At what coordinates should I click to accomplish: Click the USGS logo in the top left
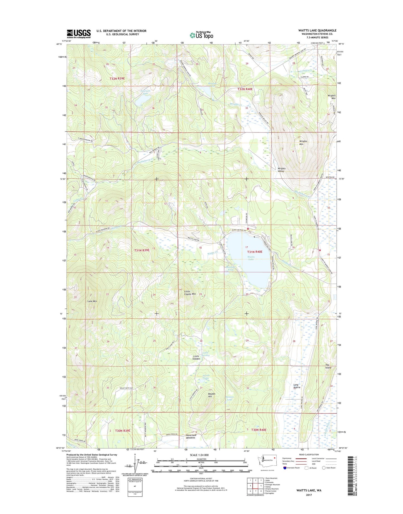pos(79,33)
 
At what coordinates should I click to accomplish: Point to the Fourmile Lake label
pos(146,92)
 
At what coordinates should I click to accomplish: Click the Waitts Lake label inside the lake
pos(251,258)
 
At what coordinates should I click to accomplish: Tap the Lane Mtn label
pos(92,301)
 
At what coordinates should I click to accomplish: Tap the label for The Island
pos(328,366)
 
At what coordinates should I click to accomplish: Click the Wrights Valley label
pos(281,170)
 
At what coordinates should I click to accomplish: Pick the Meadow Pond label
pos(230,268)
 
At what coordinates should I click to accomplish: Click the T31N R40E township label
pos(254,252)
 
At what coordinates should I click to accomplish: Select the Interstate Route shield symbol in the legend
pos(284,468)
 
